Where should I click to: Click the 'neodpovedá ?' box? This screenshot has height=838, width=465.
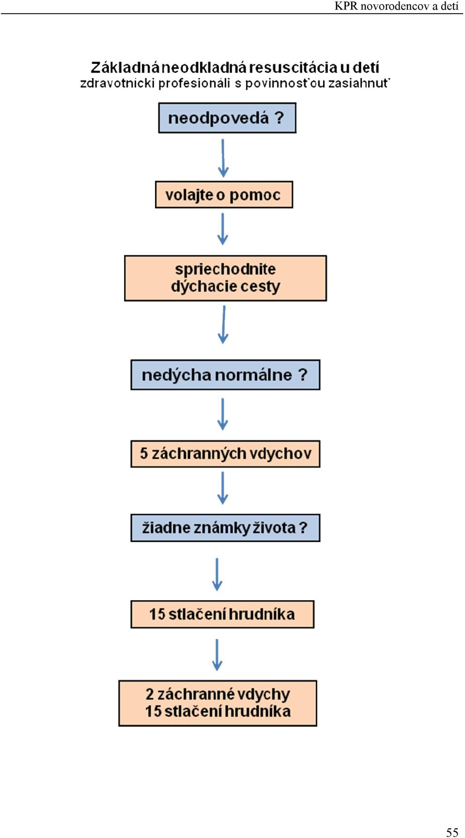coord(227,118)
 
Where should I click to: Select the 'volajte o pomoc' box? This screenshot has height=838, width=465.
coord(224,195)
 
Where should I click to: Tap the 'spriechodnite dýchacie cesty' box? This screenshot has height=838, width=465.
coord(225,278)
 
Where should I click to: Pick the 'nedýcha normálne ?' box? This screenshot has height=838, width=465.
coord(225,374)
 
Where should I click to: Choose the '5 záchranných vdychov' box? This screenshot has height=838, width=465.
coord(225,454)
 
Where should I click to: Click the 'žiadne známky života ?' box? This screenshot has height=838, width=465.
coord(225,528)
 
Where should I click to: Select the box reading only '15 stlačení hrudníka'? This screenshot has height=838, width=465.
coord(222,614)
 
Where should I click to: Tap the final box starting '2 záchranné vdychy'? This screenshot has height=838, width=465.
coord(217,703)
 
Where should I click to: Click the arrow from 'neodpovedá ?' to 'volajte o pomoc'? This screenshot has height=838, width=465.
coord(223,158)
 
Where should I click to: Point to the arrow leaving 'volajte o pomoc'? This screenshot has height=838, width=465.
coord(222,229)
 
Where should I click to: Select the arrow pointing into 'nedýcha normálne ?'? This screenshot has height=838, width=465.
coord(223,325)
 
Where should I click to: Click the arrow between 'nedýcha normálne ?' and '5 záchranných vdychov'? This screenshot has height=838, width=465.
coord(222,414)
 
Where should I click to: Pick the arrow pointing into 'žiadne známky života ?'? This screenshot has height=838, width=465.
coord(222,488)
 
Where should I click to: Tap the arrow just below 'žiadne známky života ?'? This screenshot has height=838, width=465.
coord(217,574)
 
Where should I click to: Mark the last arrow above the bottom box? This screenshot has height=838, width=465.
coord(217,654)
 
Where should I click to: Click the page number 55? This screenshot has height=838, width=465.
coord(452,832)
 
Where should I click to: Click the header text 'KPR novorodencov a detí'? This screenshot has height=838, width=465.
coord(396,6)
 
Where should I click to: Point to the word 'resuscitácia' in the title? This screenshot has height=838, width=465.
coord(293,67)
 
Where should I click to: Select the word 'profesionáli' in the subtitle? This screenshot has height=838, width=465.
coord(194,83)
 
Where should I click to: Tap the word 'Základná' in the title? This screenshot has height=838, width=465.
coord(125,67)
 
